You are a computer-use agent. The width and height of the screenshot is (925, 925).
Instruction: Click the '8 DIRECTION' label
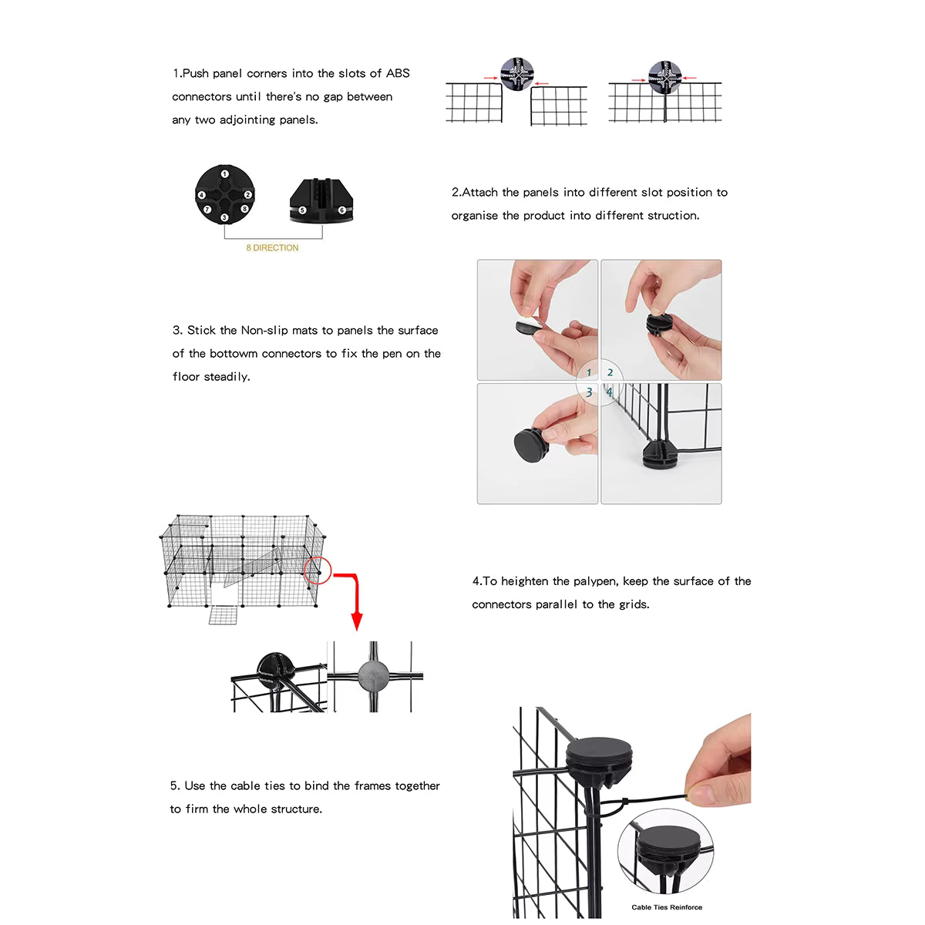pyautogui.click(x=272, y=247)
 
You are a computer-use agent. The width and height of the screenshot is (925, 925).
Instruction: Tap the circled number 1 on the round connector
pyautogui.click(x=224, y=174)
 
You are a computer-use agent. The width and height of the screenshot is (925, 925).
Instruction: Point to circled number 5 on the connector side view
pyautogui.click(x=302, y=210)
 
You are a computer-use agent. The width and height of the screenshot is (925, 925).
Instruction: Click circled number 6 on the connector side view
pyautogui.click(x=341, y=210)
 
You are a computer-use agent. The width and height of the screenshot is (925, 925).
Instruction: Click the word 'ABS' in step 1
pyautogui.click(x=398, y=73)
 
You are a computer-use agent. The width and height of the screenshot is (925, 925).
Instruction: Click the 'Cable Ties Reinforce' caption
pyautogui.click(x=667, y=907)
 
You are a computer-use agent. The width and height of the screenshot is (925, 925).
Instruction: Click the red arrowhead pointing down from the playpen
pyautogui.click(x=356, y=621)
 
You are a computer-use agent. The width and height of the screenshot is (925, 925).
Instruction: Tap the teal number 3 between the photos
pyautogui.click(x=589, y=392)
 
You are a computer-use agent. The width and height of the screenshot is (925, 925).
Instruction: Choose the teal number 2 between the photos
pyautogui.click(x=610, y=372)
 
